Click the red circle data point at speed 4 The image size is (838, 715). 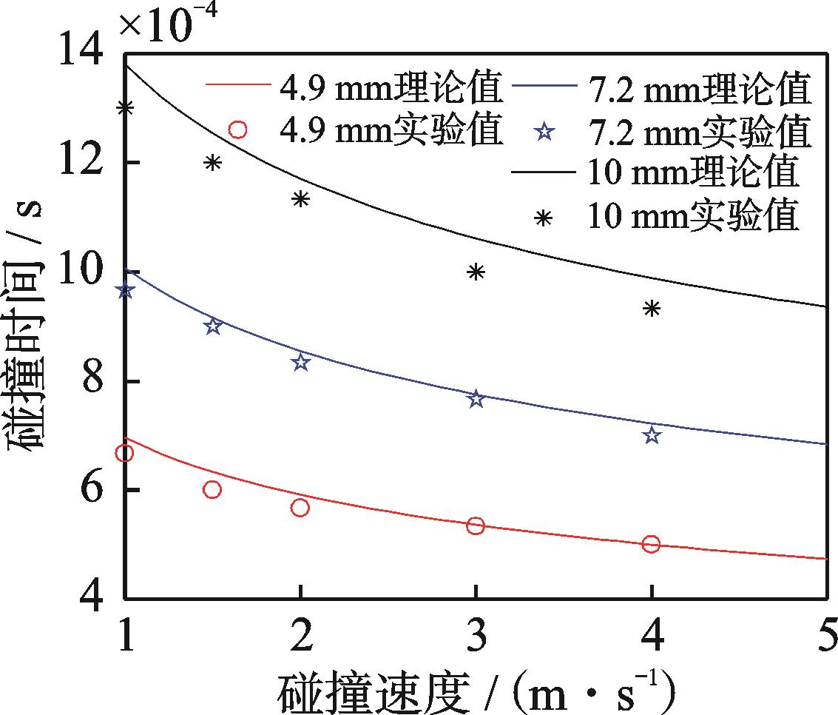651,544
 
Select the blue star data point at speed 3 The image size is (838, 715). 476,399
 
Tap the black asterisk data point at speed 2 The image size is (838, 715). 300,198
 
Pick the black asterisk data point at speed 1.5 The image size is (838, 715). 213,163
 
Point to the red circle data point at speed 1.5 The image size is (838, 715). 213,489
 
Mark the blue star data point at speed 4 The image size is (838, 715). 651,435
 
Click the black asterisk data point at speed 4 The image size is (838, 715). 651,308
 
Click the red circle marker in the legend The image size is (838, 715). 237,130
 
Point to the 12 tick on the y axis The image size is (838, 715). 125,162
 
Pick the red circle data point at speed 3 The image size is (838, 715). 476,526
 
